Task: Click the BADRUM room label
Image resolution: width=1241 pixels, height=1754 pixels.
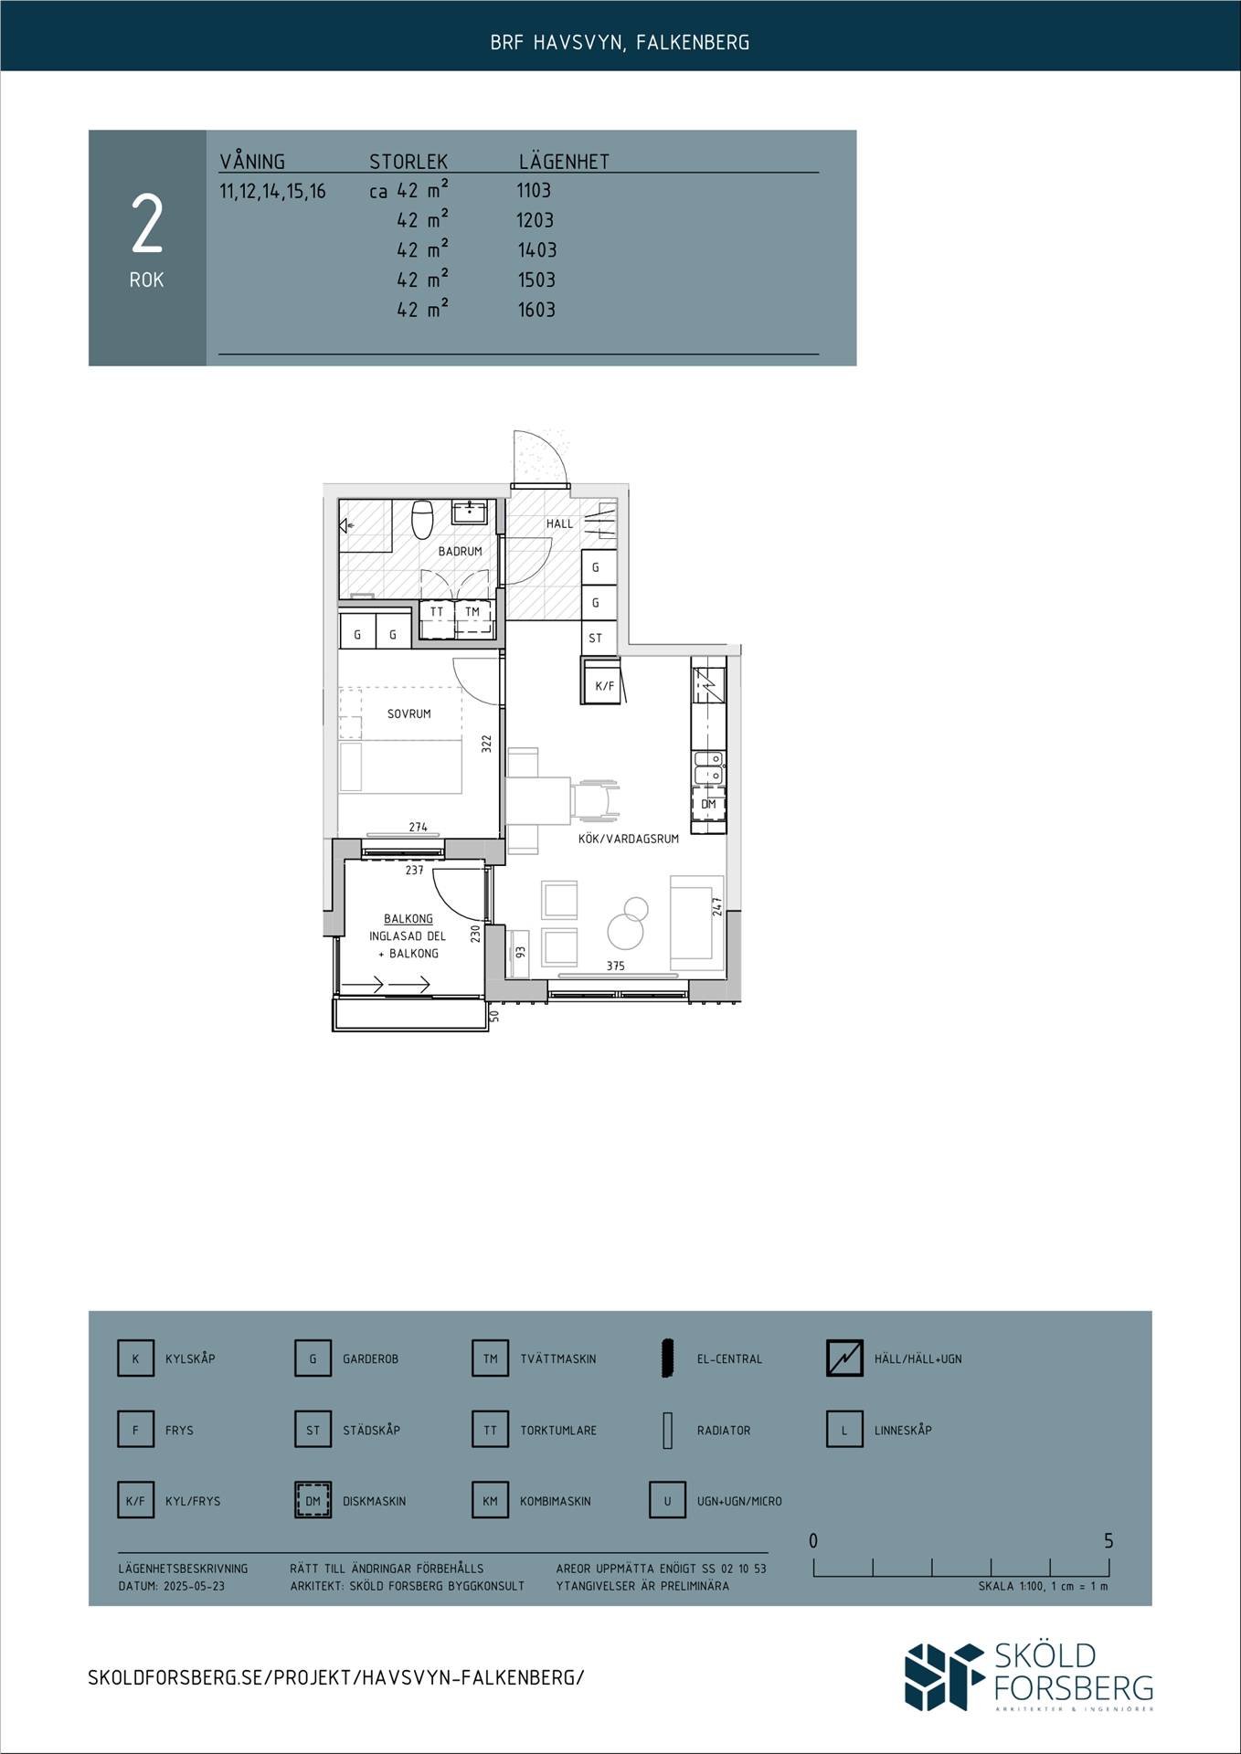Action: click(460, 552)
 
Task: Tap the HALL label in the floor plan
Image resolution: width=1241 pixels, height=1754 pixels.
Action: click(559, 523)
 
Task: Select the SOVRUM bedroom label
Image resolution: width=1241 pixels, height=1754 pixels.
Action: click(408, 713)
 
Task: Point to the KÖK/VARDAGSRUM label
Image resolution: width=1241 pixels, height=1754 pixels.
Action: click(629, 839)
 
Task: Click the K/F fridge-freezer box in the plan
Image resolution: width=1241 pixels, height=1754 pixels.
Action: click(604, 686)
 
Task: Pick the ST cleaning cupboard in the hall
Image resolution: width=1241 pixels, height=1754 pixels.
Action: click(596, 638)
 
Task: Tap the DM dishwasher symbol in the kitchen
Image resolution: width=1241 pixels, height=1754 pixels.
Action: click(708, 804)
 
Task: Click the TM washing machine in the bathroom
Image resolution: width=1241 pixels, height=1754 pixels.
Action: click(472, 612)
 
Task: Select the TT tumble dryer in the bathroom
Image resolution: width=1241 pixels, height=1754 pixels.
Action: click(437, 612)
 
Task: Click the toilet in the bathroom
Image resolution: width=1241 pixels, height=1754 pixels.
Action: click(422, 520)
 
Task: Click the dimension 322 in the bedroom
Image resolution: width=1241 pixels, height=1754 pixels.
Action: click(487, 744)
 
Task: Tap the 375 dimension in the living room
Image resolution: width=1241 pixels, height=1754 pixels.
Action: click(616, 966)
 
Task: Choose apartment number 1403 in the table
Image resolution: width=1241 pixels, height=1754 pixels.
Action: click(537, 250)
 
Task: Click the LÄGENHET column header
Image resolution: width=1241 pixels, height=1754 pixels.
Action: click(564, 162)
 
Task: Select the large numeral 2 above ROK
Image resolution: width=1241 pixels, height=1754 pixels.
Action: click(147, 224)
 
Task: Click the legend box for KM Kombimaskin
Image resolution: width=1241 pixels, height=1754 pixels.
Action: click(490, 1501)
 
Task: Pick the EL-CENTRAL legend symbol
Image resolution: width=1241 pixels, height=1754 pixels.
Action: click(667, 1358)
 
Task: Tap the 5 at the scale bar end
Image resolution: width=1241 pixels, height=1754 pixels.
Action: click(1108, 1541)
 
